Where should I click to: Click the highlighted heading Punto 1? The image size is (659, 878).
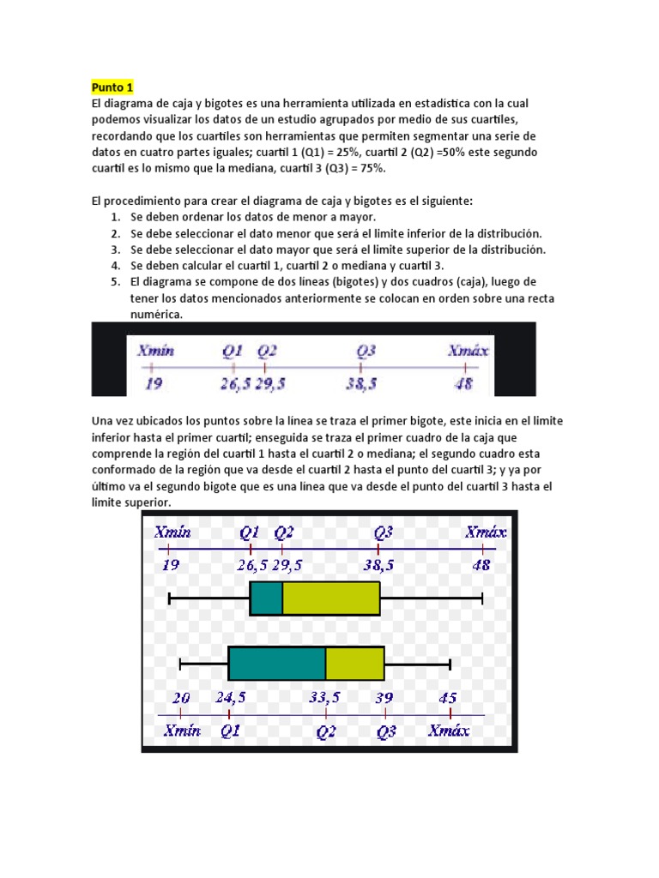112,88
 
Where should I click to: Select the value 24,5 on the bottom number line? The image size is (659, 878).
231,698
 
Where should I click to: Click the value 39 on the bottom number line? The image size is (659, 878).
384,698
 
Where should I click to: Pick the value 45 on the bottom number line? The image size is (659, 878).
448,698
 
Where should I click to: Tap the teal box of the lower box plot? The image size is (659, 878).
277,664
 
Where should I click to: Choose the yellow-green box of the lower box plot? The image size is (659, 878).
354,664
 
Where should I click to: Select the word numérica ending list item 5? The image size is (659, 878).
156,315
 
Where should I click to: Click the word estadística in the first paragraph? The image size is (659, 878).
434,103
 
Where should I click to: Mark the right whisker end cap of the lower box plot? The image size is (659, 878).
450,664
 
